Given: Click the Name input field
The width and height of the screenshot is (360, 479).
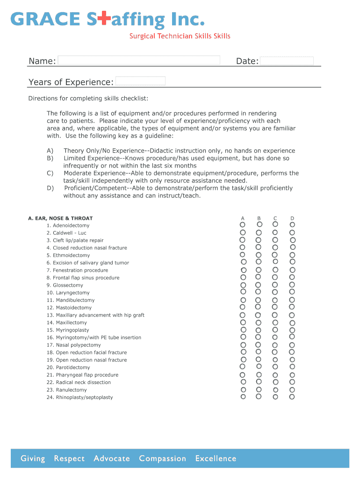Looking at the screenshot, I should point(139,60).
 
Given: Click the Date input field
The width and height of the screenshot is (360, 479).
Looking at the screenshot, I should point(287,61).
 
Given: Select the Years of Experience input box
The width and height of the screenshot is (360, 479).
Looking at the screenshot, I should point(140,81).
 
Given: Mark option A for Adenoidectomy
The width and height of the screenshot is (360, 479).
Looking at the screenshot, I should point(243,225).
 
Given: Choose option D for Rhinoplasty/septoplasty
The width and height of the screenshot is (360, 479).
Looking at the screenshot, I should point(292,397).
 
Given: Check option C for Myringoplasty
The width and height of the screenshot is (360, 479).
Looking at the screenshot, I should point(275,330).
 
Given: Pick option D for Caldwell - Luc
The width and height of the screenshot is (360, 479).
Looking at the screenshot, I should point(292,232).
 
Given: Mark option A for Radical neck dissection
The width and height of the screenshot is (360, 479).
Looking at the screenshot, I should point(243,382).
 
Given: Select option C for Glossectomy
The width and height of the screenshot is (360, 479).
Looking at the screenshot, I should point(275,285).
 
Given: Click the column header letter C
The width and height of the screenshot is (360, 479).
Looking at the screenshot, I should point(275,218).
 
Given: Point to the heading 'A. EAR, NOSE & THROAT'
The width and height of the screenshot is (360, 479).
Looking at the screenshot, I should point(60,218).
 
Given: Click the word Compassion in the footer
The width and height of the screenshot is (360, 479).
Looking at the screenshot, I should point(162,458).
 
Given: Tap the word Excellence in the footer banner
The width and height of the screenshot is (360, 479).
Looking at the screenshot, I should point(216,458).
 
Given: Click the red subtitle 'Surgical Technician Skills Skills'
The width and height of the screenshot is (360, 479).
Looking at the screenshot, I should point(180,36).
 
